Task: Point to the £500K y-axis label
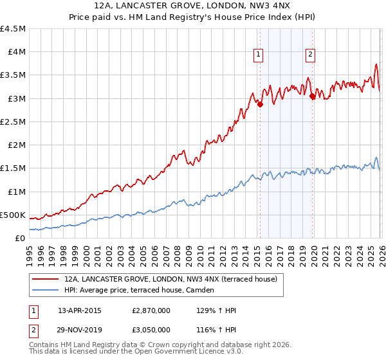click(13, 215)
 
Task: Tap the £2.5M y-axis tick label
click(13, 122)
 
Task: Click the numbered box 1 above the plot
click(258, 55)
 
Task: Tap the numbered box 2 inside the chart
click(310, 55)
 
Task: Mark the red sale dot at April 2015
click(260, 105)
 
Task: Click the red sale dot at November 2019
click(313, 97)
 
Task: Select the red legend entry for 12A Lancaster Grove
click(170, 279)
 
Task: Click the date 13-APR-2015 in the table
click(80, 310)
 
